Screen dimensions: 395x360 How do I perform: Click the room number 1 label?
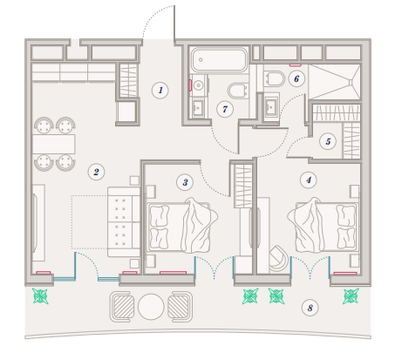[x=160, y=90]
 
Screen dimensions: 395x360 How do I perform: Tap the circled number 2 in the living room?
[x=96, y=172]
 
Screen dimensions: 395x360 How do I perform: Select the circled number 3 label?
[x=185, y=182]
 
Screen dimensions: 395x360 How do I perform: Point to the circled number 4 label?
[x=309, y=180]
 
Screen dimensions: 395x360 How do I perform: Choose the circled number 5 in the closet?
[x=328, y=141]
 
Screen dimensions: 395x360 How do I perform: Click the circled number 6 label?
[x=296, y=78]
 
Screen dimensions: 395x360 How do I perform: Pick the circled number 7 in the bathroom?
[x=225, y=109]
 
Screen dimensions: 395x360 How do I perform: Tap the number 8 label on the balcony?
[x=310, y=308]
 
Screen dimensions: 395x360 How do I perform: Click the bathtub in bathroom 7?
[x=220, y=59]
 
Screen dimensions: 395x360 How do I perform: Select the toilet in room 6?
[x=275, y=78]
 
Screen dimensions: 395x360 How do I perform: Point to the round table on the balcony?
[x=151, y=307]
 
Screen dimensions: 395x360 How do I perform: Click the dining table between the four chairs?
[x=54, y=144]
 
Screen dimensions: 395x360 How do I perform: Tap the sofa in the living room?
[x=124, y=221]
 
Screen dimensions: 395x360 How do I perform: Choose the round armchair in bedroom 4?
[x=278, y=258]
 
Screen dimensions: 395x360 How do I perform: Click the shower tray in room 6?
[x=334, y=82]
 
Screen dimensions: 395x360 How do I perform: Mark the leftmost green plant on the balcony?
[x=40, y=295]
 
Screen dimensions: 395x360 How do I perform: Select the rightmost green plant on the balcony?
[x=351, y=295]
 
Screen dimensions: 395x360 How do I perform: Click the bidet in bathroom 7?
[x=238, y=91]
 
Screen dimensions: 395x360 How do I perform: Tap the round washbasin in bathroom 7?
[x=199, y=85]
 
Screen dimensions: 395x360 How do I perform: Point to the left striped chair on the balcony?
[x=122, y=307]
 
